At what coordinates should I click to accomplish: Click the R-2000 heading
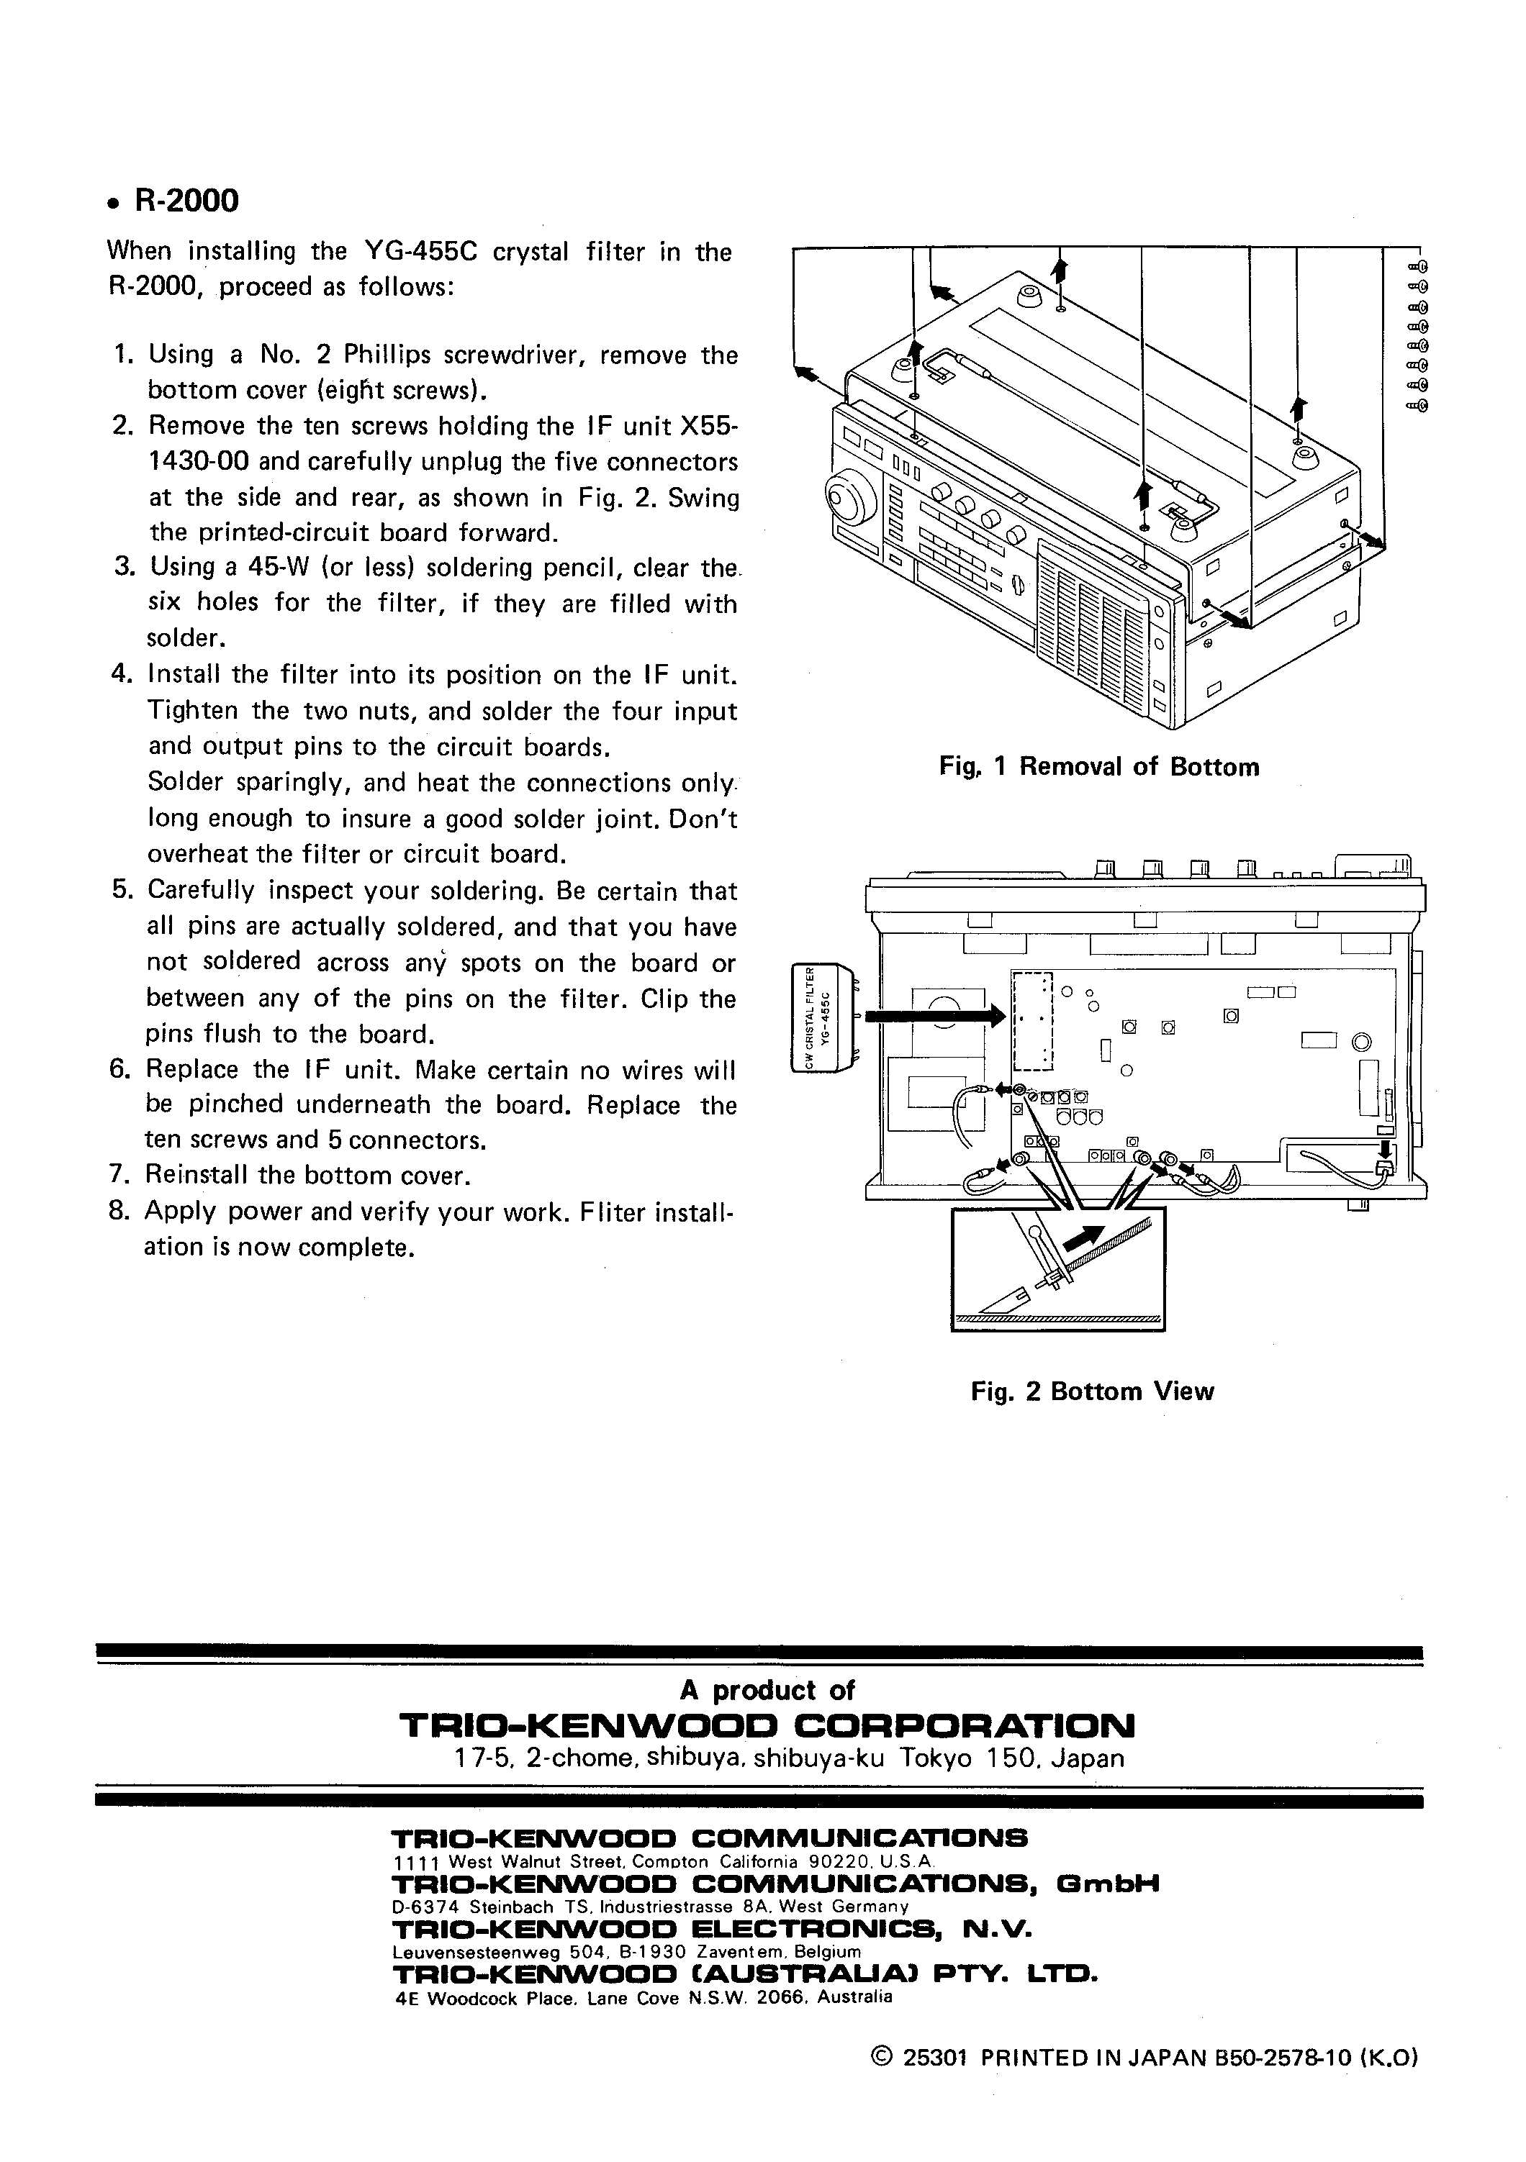click(x=186, y=201)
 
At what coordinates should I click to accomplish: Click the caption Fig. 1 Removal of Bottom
click(x=1098, y=766)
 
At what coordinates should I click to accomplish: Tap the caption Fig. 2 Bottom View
click(x=1092, y=1391)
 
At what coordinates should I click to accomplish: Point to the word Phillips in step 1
click(x=387, y=355)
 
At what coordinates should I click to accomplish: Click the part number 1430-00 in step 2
click(x=199, y=461)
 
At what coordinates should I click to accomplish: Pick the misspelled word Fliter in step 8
click(x=611, y=1211)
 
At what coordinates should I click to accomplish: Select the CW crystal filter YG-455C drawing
click(x=824, y=1017)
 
